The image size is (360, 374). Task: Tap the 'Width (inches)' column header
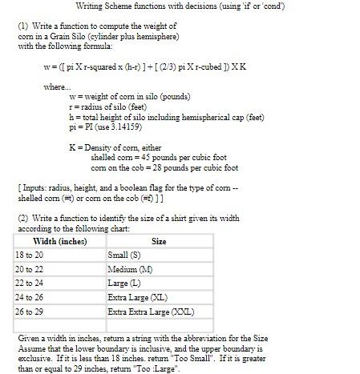pyautogui.click(x=59, y=241)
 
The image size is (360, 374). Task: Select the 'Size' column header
pyautogui.click(x=159, y=241)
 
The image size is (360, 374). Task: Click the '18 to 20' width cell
pyautogui.click(x=29, y=255)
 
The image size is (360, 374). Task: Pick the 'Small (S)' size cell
pyautogui.click(x=124, y=255)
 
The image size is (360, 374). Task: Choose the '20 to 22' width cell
pyautogui.click(x=29, y=269)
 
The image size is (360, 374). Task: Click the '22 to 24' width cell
pyautogui.click(x=29, y=283)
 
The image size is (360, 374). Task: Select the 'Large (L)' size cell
pyautogui.click(x=124, y=283)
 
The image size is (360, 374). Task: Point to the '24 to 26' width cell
pyautogui.click(x=29, y=297)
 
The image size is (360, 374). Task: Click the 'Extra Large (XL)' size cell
pyautogui.click(x=136, y=297)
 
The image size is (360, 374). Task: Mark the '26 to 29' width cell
pyautogui.click(x=29, y=312)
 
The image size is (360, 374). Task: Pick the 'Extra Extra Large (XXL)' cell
pyautogui.click(x=146, y=312)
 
